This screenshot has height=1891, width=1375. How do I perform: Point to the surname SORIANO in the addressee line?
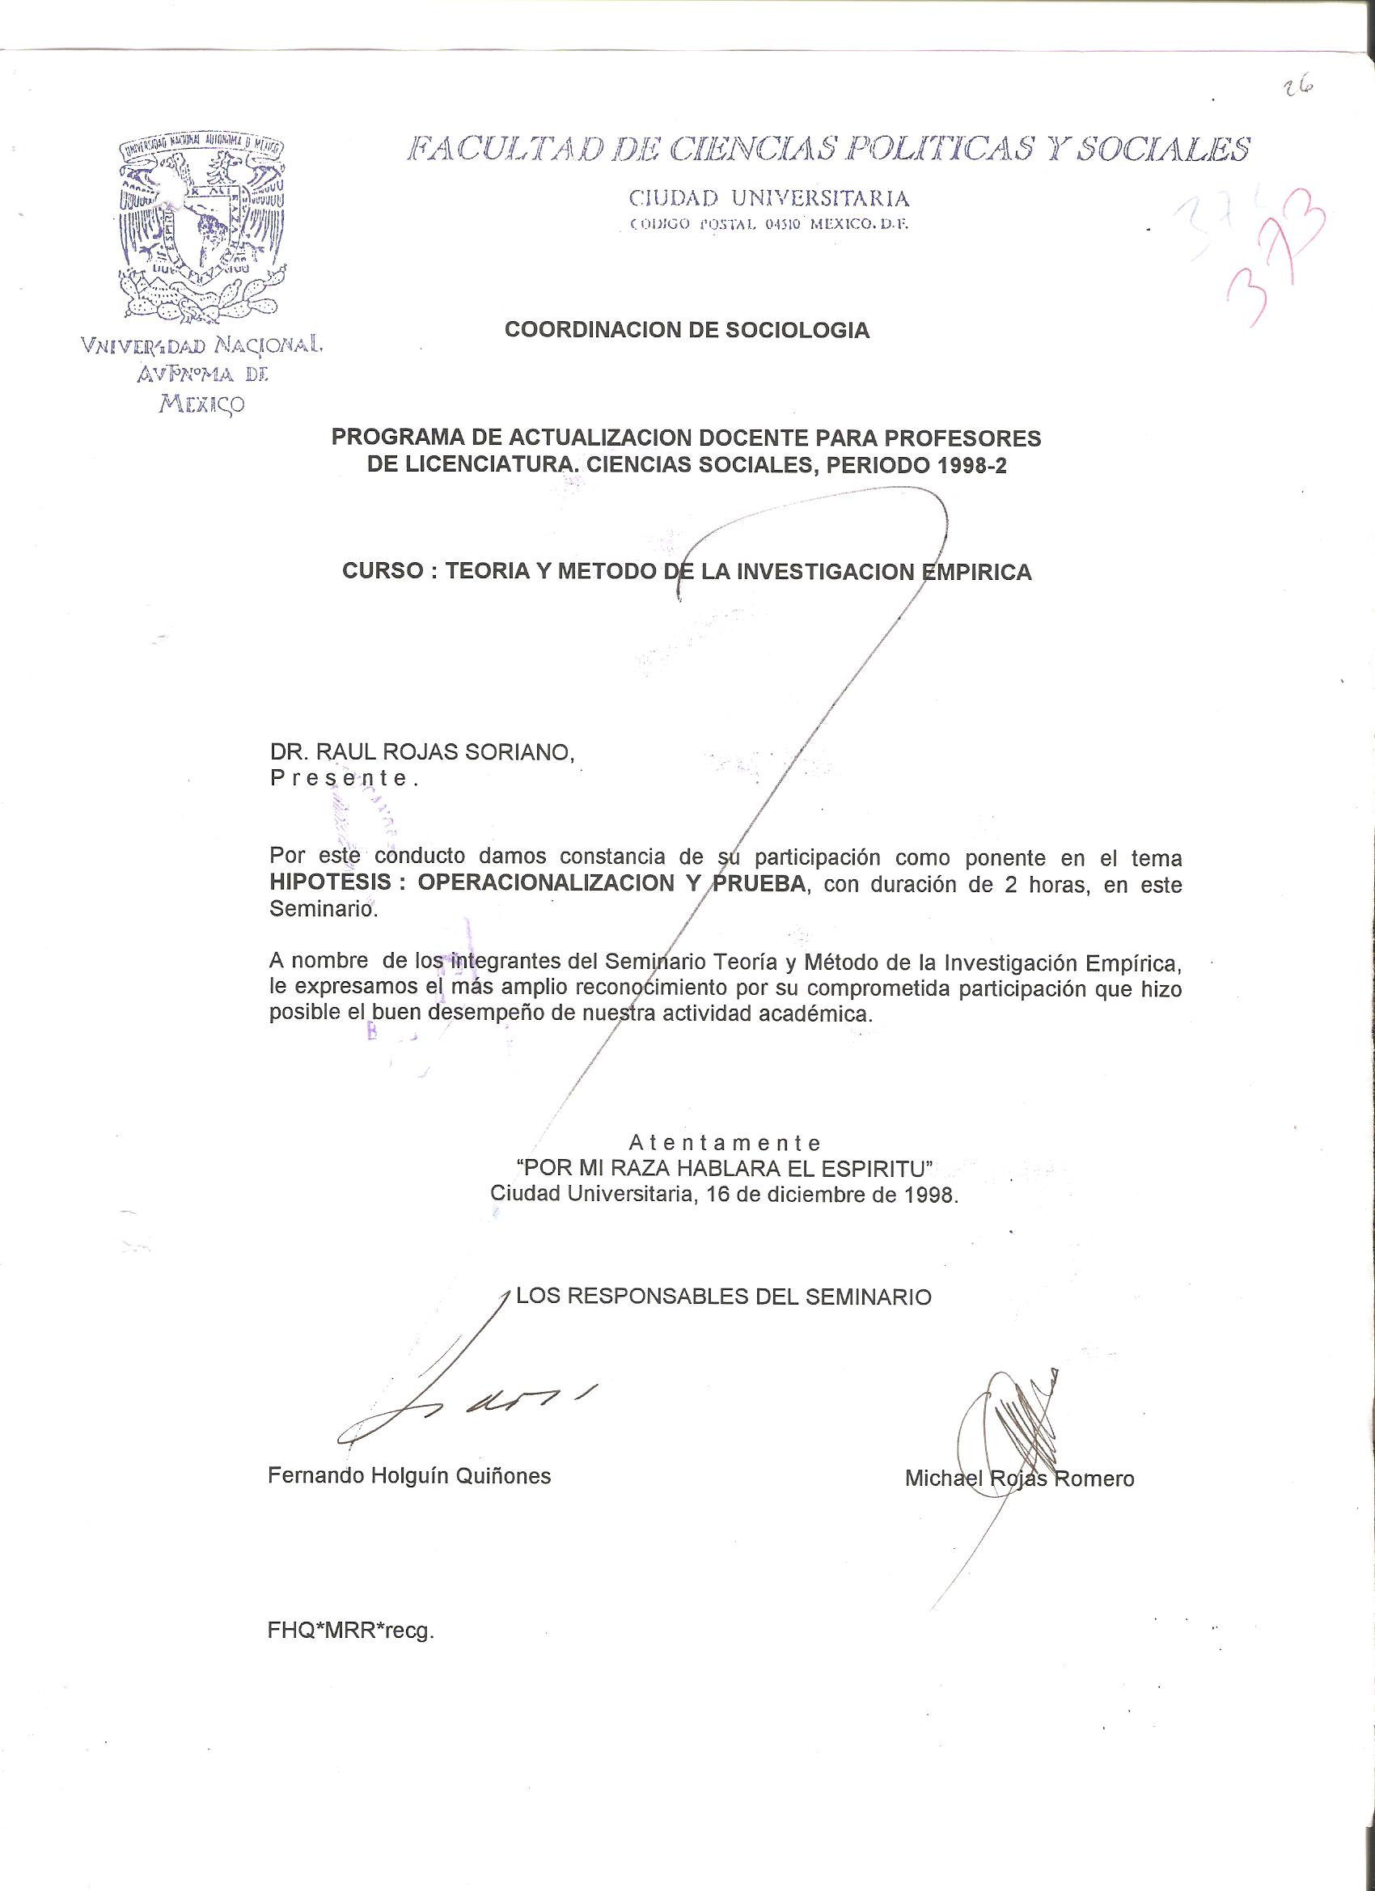(x=518, y=752)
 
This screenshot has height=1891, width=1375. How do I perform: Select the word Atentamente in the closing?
(x=725, y=1142)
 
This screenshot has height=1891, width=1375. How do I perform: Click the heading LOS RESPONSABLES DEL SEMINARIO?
(x=723, y=1297)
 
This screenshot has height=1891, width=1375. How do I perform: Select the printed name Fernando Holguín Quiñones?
(x=409, y=1476)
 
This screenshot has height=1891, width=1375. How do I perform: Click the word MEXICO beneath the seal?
(x=203, y=404)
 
